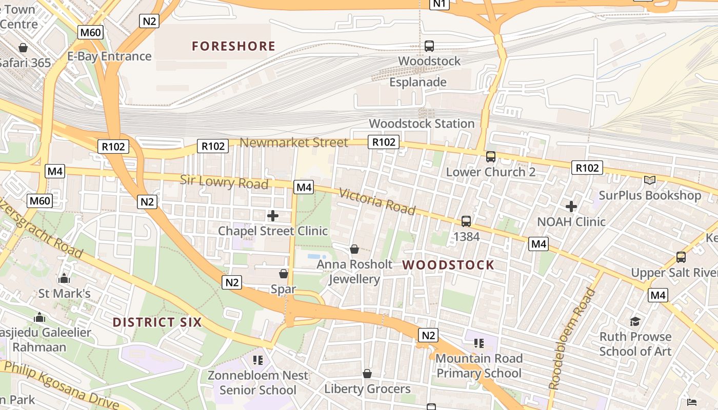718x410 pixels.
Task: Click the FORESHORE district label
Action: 234,47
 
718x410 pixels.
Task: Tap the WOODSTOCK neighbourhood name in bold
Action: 449,265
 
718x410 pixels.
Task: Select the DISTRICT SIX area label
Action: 157,322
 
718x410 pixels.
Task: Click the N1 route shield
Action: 440,4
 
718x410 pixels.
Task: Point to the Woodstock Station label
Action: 422,124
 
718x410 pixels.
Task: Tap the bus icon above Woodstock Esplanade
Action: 429,46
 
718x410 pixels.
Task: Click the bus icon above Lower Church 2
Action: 491,156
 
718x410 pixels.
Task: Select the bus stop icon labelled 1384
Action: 466,221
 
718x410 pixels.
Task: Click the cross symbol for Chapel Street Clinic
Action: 273,215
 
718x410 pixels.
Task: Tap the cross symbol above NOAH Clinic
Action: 571,207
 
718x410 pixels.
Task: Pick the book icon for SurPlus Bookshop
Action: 650,180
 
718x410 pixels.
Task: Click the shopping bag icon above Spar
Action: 284,274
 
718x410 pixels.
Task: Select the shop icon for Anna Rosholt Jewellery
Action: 354,249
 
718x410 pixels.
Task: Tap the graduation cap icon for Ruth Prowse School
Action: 635,321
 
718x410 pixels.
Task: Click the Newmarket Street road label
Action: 294,142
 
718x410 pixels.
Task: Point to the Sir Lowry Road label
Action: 224,182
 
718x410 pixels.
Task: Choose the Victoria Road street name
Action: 377,201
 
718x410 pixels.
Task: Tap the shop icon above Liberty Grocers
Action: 367,374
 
